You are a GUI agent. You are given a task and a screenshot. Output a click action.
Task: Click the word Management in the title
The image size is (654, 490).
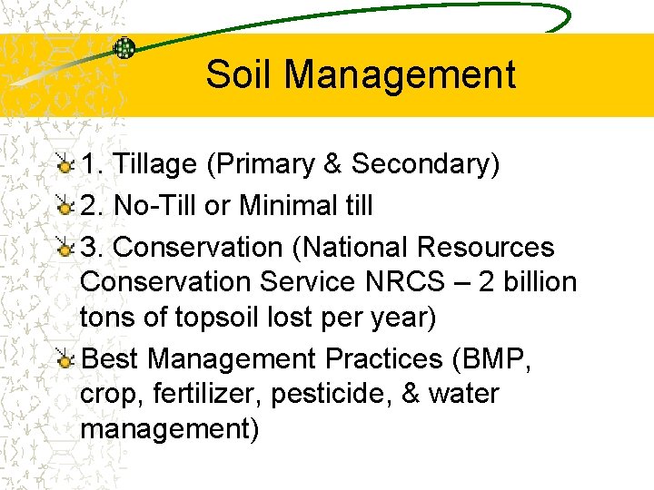coord(400,74)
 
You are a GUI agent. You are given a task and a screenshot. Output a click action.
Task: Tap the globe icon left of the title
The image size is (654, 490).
coord(124,47)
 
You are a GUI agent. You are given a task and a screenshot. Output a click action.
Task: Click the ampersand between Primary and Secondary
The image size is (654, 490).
coord(332,164)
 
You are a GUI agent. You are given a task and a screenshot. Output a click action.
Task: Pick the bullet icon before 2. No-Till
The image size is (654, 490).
coord(64,207)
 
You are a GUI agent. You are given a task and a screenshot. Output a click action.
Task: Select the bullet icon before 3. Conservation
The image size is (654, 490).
coord(64,248)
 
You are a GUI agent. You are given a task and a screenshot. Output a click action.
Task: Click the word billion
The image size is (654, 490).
coord(540,282)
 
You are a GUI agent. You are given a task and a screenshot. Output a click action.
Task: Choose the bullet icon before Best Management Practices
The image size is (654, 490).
coord(64,360)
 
